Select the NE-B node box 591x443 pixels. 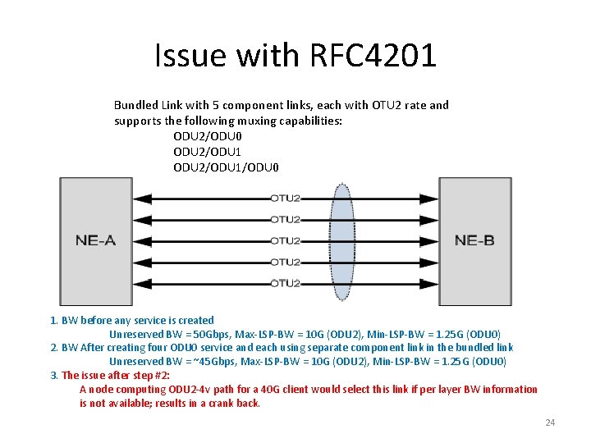475,240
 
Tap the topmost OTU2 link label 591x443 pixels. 285,198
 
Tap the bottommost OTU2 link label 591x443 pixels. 285,283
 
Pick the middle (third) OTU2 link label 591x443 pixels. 285,240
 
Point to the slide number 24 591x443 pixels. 550,422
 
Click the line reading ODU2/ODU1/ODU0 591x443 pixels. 227,167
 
